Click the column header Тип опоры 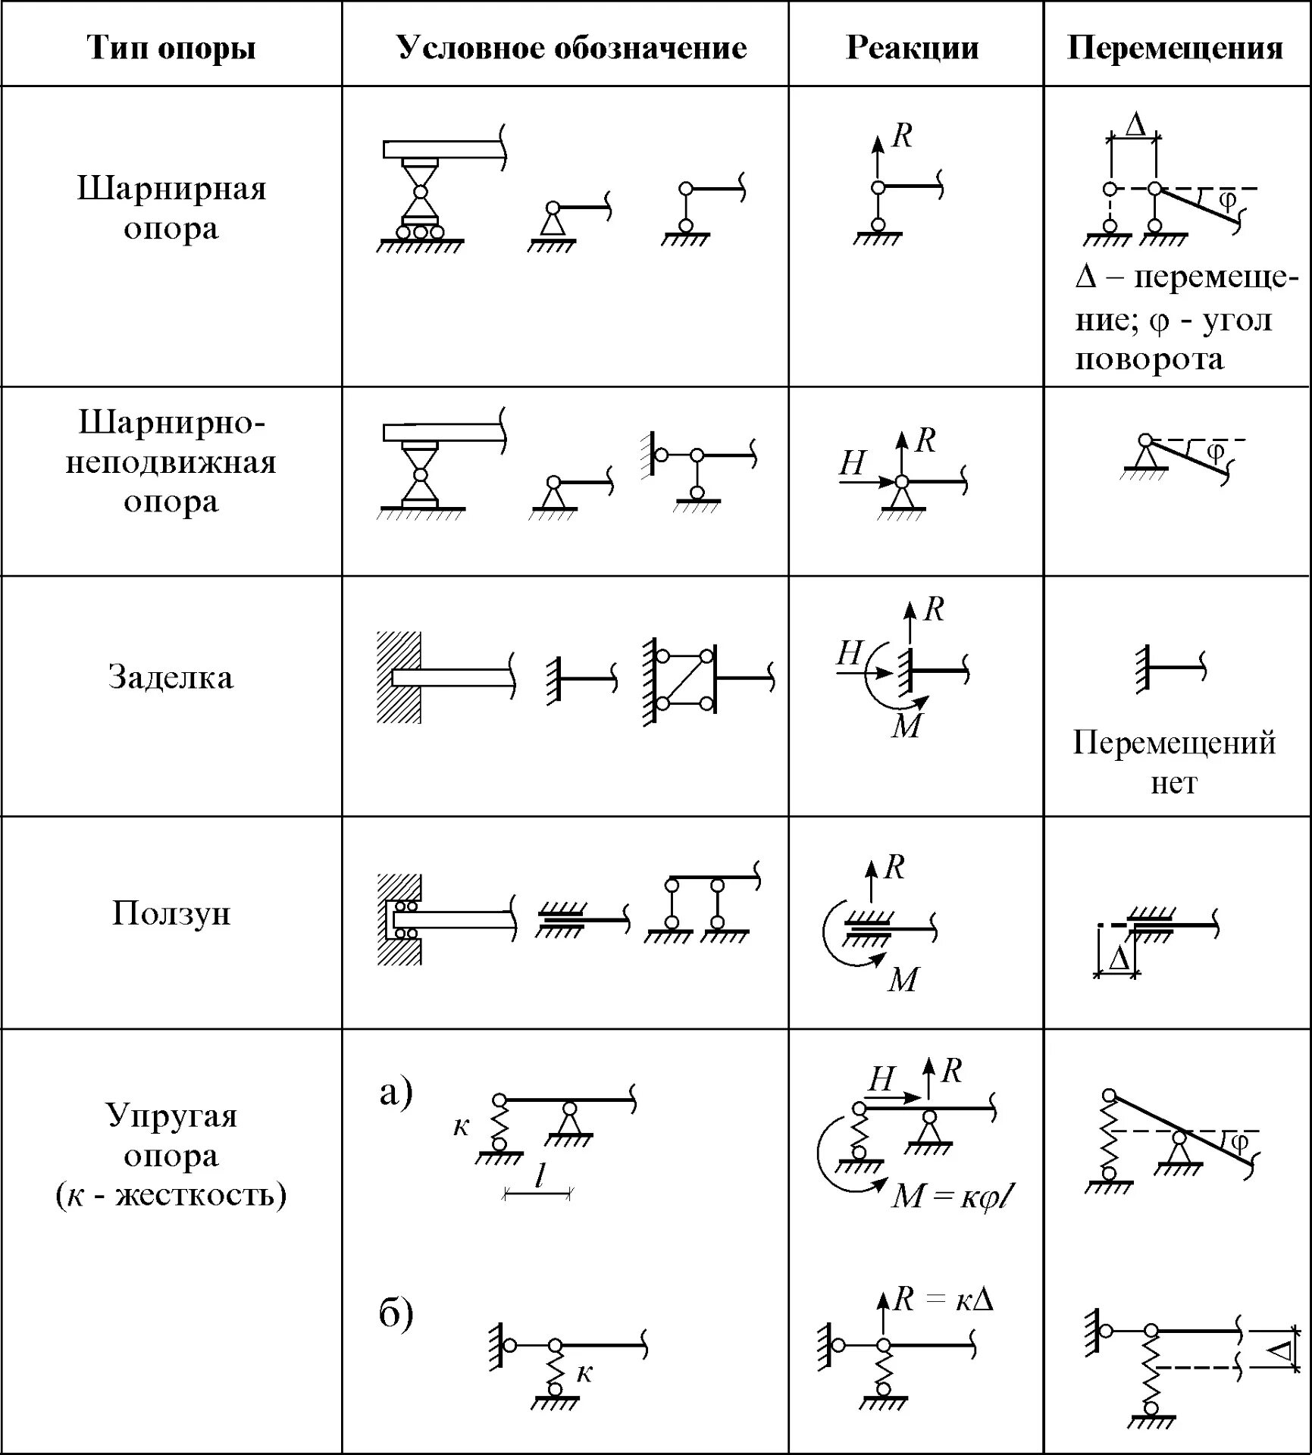[172, 48]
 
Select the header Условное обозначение [571, 48]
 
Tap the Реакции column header [912, 48]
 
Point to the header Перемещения [1175, 48]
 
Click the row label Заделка [171, 677]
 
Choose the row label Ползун [171, 913]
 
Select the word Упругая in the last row [171, 1116]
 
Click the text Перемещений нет [1174, 762]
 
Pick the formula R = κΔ [943, 1300]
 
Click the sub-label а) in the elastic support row [396, 1092]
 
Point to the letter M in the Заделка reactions [907, 726]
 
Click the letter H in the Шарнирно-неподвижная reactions [853, 463]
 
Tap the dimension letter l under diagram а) [539, 1176]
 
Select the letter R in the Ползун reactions [895, 867]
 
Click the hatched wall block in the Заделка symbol [399, 677]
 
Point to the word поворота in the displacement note [1150, 358]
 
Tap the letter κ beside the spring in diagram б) [584, 1372]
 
